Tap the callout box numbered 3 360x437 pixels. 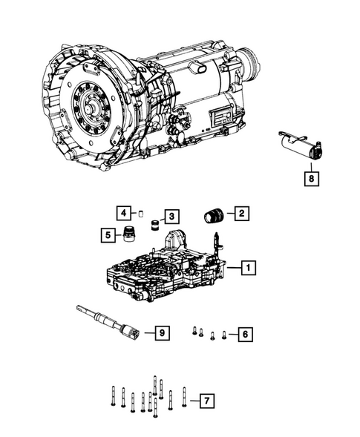point(171,216)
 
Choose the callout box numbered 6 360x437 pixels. point(243,335)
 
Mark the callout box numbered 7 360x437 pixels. point(206,401)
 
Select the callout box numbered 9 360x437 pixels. point(161,332)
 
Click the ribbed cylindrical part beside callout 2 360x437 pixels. point(214,216)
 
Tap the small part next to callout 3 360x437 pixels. point(154,225)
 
